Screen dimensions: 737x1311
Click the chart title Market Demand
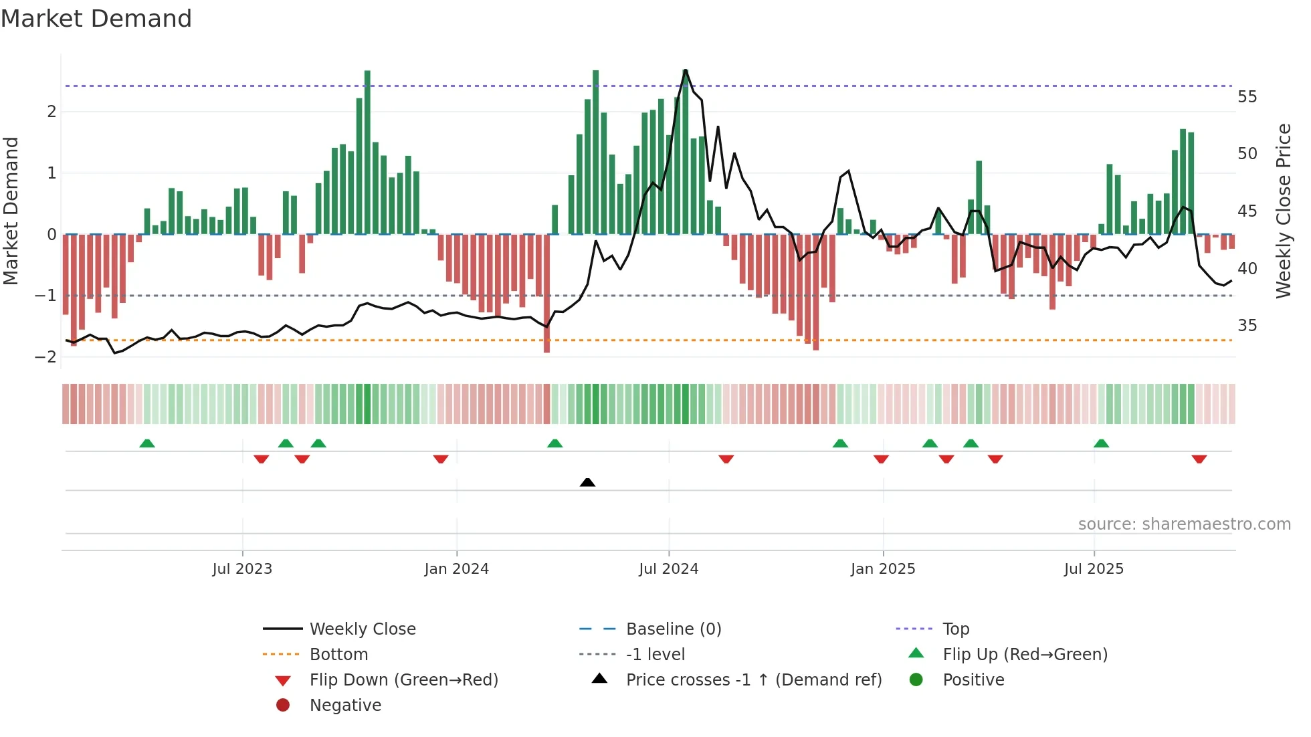click(96, 19)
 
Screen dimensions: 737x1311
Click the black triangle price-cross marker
click(587, 482)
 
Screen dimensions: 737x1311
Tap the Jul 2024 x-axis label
click(668, 569)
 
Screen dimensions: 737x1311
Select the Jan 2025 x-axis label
click(883, 569)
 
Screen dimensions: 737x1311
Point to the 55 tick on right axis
click(1247, 97)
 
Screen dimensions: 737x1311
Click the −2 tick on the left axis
click(46, 356)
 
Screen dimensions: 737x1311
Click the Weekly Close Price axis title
click(1283, 211)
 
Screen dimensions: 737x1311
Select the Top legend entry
click(955, 629)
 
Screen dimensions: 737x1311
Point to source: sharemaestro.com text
click(1184, 524)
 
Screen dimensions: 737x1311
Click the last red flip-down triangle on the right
click(1199, 459)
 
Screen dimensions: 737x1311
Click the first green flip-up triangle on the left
click(147, 443)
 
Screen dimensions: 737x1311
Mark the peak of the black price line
click(686, 70)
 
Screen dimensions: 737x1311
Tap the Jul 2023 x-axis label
click(242, 569)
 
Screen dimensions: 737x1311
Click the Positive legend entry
click(973, 680)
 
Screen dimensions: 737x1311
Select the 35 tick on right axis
click(1247, 326)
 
